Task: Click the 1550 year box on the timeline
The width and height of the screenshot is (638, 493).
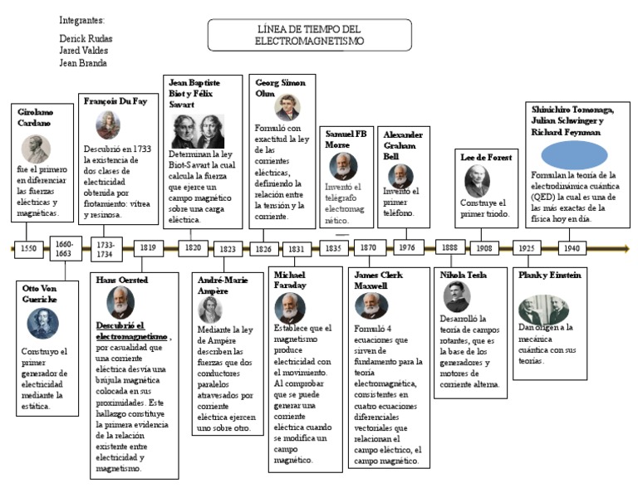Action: pos(28,248)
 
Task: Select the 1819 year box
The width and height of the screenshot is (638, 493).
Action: pos(148,248)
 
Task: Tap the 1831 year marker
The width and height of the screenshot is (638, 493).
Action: pos(296,248)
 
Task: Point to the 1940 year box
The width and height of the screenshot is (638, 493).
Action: pos(572,248)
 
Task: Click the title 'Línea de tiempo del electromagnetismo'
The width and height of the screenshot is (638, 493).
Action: pos(309,35)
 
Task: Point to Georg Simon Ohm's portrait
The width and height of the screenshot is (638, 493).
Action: pos(287,107)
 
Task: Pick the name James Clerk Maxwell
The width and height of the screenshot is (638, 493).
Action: pos(376,280)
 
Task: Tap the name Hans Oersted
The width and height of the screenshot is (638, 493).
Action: pos(121,280)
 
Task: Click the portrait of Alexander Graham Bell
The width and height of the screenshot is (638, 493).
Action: pos(400,175)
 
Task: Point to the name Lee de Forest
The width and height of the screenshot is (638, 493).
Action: pos(486,157)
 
